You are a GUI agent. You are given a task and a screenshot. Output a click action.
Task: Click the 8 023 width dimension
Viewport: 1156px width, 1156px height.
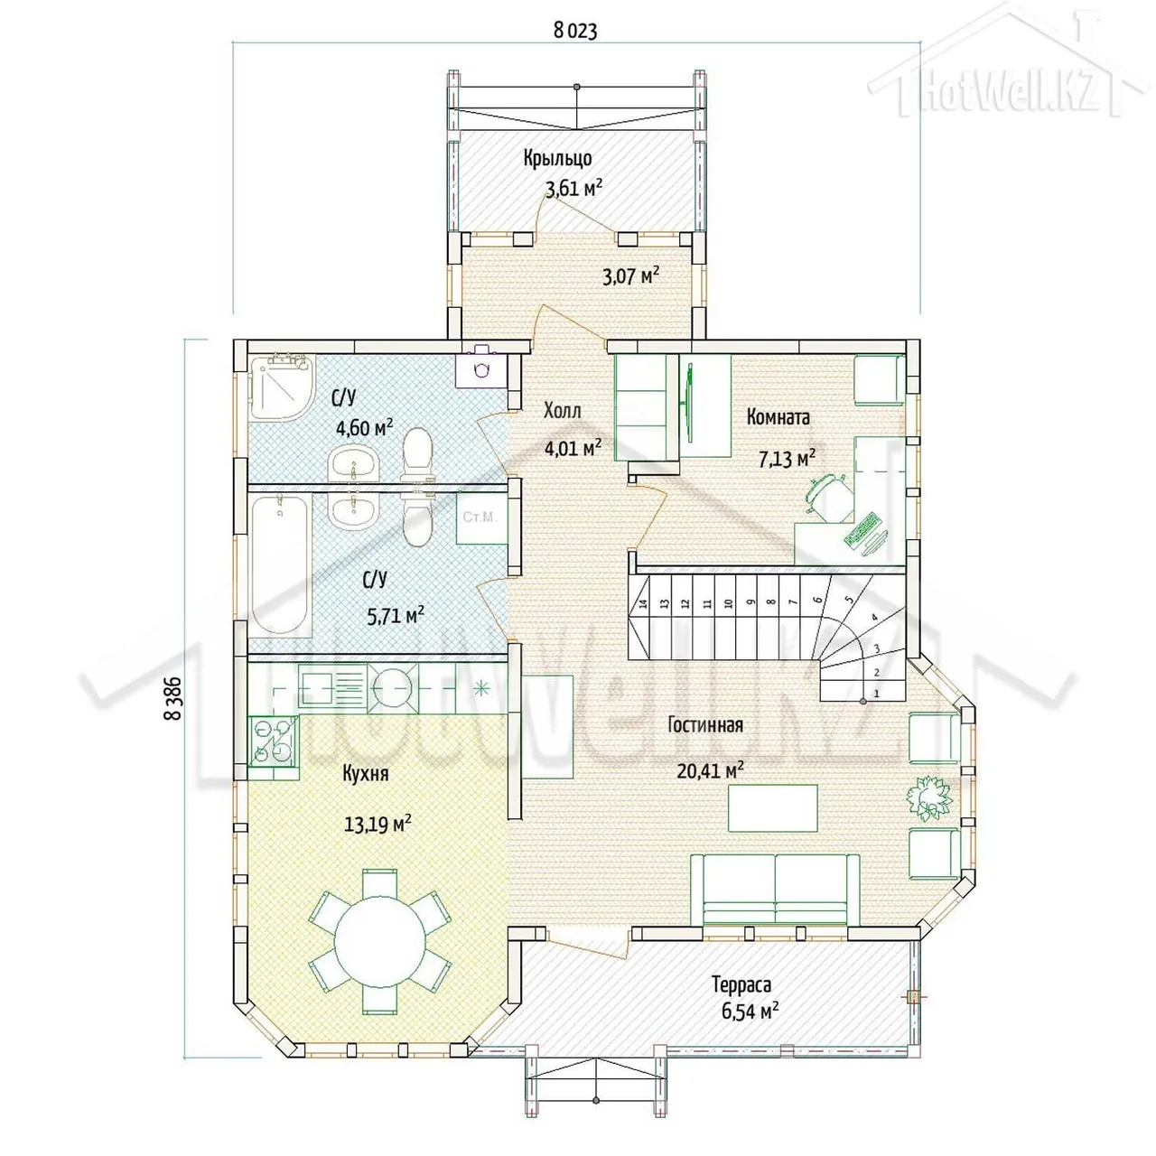574,32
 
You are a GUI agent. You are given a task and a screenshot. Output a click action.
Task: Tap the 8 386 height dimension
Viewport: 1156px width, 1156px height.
172,697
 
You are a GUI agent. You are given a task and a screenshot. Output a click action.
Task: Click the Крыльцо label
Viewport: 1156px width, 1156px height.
557,158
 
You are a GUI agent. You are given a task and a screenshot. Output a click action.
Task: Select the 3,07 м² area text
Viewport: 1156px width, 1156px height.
630,276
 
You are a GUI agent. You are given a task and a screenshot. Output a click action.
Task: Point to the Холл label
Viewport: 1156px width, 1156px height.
562,411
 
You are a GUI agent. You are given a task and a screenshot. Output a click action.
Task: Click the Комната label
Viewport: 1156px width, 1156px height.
778,417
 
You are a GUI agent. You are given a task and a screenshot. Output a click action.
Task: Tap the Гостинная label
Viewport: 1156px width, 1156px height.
705,724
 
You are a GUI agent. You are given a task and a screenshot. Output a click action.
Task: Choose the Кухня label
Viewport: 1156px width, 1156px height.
366,773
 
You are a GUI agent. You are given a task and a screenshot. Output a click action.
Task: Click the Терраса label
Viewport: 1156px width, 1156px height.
741,984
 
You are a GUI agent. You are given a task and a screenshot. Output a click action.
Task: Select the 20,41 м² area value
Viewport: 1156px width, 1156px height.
710,769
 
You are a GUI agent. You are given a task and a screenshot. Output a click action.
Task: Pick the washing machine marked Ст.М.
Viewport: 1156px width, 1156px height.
481,518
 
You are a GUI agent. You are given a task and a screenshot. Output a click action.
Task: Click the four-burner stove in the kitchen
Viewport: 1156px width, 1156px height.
273,741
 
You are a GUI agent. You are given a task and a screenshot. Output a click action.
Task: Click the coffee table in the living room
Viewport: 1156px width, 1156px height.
773,808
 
